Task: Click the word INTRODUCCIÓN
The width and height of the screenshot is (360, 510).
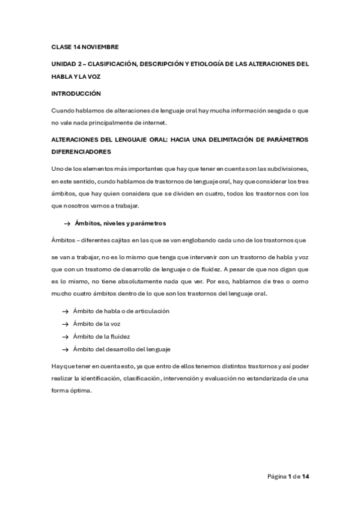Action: [x=76, y=94]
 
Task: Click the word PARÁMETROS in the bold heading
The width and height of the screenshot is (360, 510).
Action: [x=282, y=140]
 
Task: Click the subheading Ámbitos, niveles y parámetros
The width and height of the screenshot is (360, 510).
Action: [x=120, y=224]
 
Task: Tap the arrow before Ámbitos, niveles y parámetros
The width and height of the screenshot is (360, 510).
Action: [x=67, y=224]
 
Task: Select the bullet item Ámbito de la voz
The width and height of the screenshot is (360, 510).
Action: [x=93, y=324]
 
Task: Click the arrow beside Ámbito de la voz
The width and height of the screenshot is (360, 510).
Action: [x=65, y=325]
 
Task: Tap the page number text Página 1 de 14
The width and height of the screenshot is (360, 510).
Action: [x=288, y=477]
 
